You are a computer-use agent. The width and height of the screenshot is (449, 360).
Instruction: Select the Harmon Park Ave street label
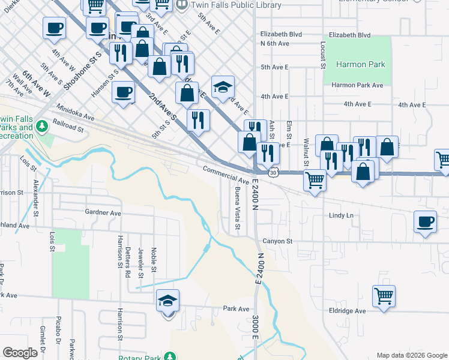click(x=357, y=85)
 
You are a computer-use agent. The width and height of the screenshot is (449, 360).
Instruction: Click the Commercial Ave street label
click(x=225, y=175)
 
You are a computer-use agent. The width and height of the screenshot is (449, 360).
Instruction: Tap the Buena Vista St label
click(x=238, y=207)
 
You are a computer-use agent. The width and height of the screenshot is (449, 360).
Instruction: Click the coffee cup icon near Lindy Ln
click(x=425, y=222)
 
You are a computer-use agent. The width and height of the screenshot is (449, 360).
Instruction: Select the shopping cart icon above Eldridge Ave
click(x=384, y=295)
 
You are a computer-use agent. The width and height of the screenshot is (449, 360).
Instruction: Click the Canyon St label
click(x=277, y=241)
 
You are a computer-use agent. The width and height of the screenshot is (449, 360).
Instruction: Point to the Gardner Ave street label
click(x=103, y=212)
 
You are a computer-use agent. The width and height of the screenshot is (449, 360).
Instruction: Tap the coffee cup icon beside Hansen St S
click(x=123, y=92)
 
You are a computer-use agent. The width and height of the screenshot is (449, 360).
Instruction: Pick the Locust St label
click(x=323, y=54)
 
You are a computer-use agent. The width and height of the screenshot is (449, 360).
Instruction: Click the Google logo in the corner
click(x=20, y=353)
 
